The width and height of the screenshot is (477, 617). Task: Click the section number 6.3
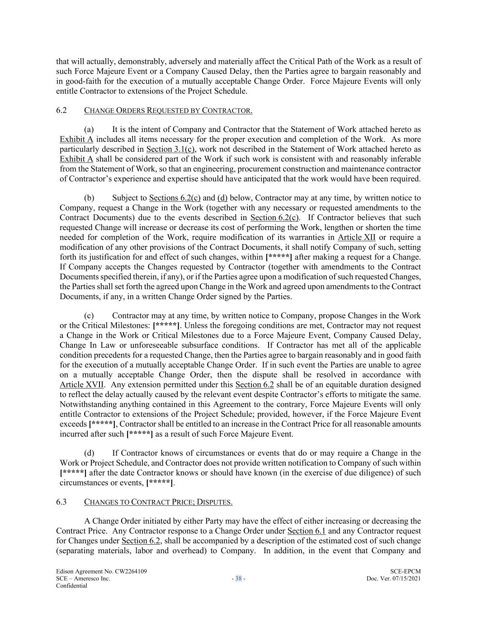click(x=61, y=502)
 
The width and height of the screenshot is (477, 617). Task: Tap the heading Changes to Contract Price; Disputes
click(x=158, y=502)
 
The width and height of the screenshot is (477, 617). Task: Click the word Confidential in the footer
click(x=71, y=585)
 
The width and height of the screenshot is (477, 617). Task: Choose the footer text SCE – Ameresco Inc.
click(x=83, y=579)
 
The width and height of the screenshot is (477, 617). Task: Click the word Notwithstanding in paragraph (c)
click(x=85, y=405)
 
